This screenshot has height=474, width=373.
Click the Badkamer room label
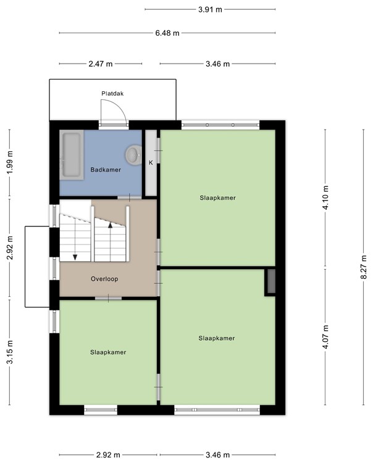[106, 169]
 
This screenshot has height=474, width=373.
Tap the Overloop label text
[104, 278]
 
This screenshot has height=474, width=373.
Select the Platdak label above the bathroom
[113, 94]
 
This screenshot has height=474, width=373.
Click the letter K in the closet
[150, 162]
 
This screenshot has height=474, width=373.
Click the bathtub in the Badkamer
[72, 156]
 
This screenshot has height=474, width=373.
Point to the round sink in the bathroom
[133, 152]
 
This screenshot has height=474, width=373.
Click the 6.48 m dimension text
[167, 33]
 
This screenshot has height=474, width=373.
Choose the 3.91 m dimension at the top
[210, 9]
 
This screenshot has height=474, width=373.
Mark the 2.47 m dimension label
[101, 64]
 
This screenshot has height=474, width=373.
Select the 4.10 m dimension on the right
[327, 198]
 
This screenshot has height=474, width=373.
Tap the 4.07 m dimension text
[327, 337]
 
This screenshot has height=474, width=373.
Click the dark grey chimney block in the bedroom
[270, 282]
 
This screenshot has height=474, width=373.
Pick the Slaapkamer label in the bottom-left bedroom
[108, 352]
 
